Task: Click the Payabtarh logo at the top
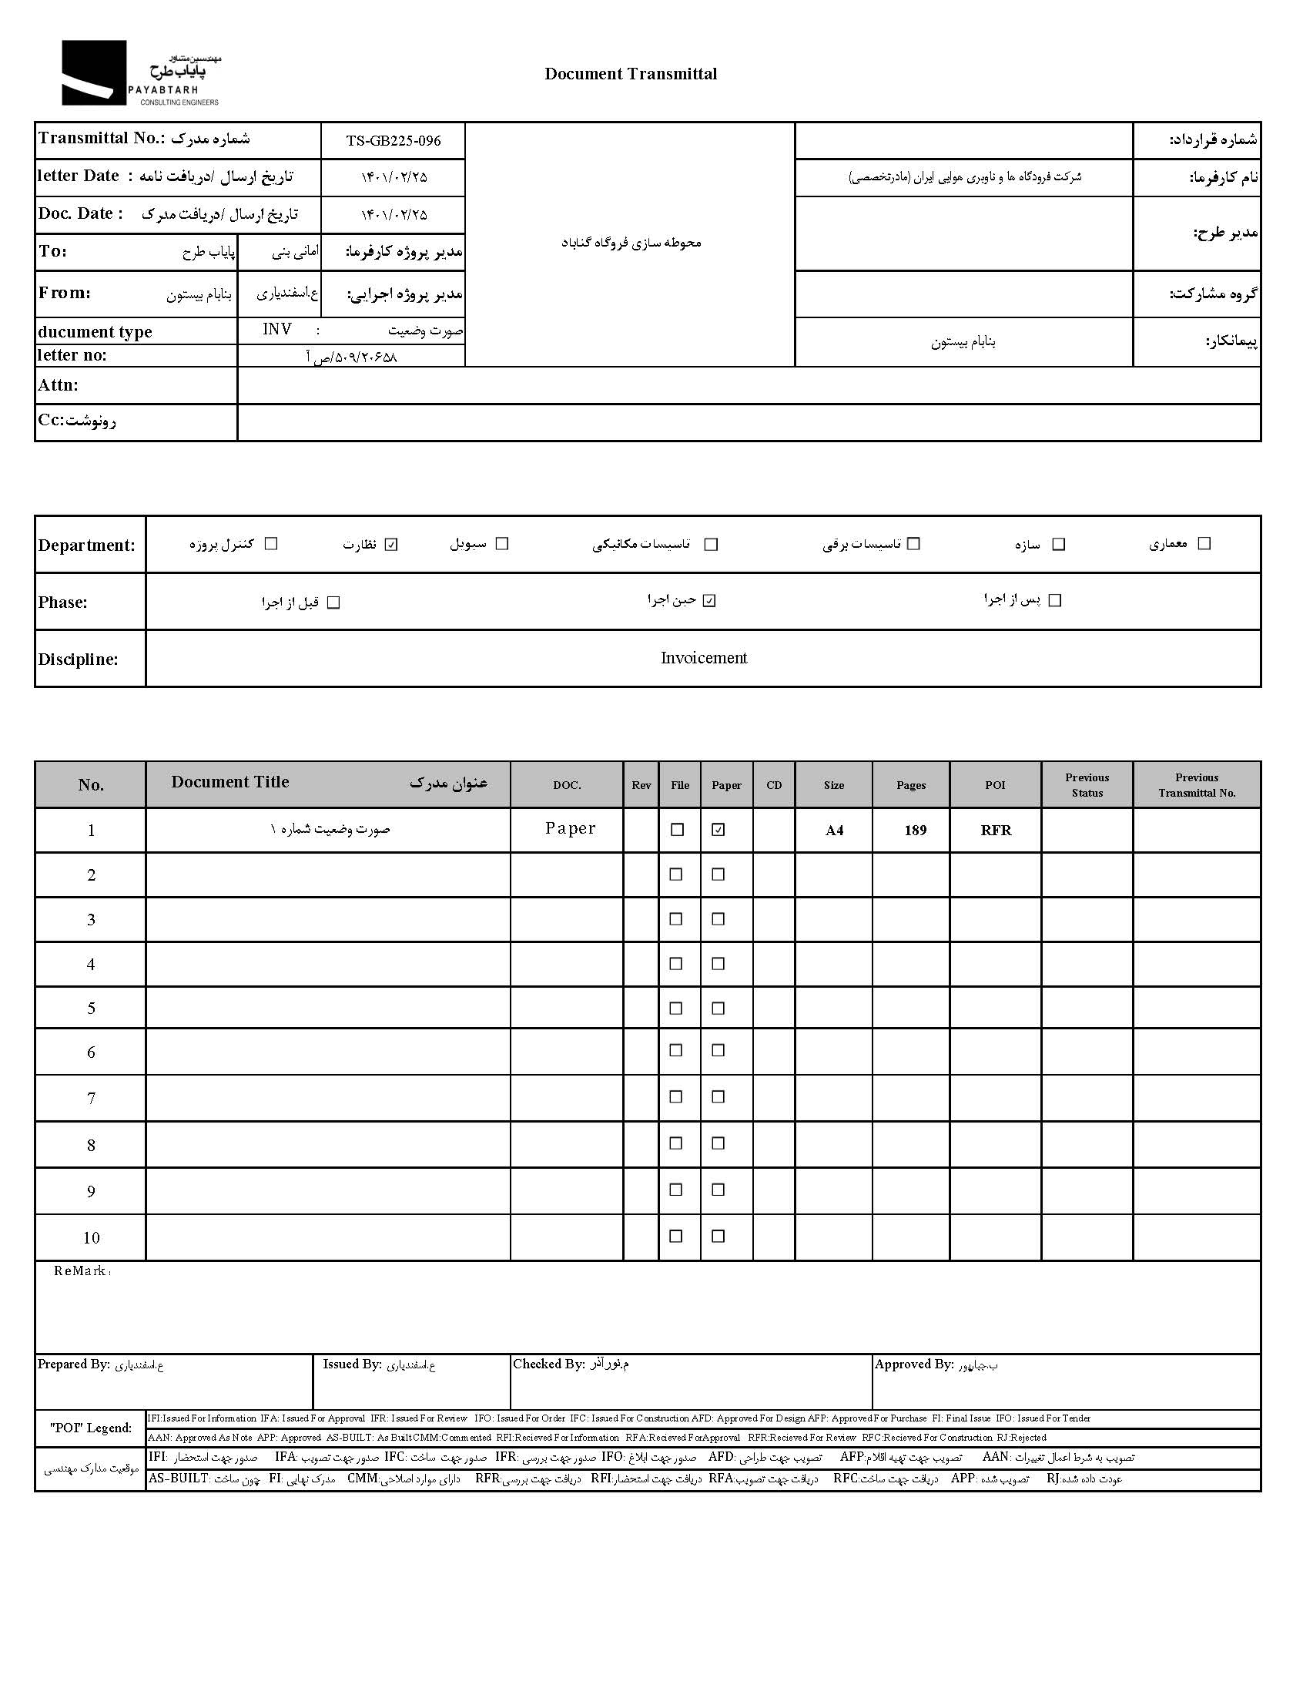(x=139, y=73)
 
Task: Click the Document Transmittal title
(x=631, y=75)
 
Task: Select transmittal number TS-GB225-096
(x=394, y=141)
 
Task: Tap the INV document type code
(x=277, y=330)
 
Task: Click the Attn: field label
(x=59, y=385)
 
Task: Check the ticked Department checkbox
(x=392, y=545)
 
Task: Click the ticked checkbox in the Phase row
(x=710, y=601)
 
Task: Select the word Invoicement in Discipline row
(x=703, y=659)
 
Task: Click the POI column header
(x=995, y=785)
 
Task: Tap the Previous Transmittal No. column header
(x=1197, y=785)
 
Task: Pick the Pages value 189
(x=915, y=831)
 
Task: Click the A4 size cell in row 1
(x=834, y=831)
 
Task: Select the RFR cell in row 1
(x=996, y=831)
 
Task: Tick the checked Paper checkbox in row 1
(x=718, y=830)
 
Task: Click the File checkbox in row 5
(x=676, y=1009)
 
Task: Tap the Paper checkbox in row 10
(x=718, y=1237)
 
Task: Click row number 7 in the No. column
(x=91, y=1099)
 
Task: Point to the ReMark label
(x=81, y=1271)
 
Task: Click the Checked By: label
(x=548, y=1364)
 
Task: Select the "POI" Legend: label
(x=91, y=1428)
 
